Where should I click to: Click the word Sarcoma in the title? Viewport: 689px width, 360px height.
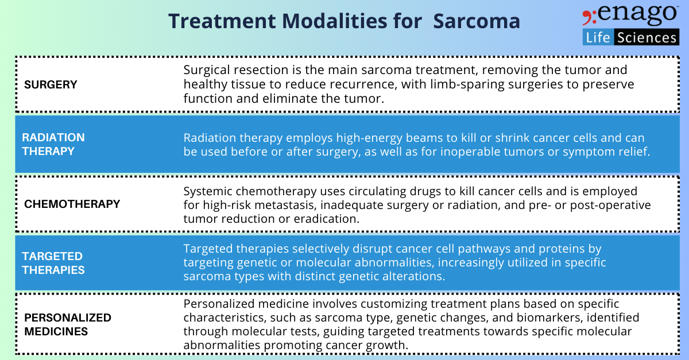pyautogui.click(x=477, y=21)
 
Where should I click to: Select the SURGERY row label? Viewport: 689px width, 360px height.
pyautogui.click(x=51, y=85)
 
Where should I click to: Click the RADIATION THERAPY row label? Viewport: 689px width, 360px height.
pyautogui.click(x=53, y=144)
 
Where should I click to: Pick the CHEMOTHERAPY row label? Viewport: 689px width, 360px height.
pyautogui.click(x=72, y=204)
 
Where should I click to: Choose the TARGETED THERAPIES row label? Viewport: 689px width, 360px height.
pyautogui.click(x=53, y=263)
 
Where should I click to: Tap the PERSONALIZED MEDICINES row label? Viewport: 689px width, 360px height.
pyautogui.click(x=67, y=324)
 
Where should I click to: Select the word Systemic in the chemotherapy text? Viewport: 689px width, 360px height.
pyautogui.click(x=206, y=191)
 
